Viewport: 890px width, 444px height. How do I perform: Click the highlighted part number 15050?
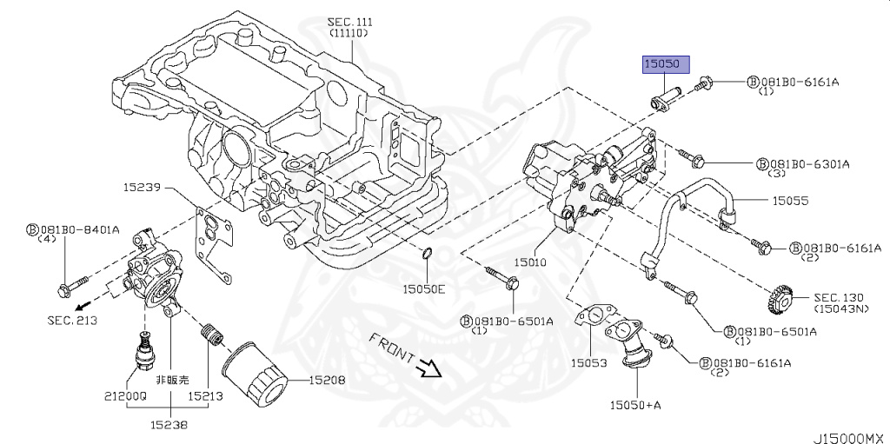coord(666,64)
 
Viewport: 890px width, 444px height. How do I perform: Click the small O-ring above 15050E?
coord(427,253)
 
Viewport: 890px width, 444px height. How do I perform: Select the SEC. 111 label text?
coord(349,21)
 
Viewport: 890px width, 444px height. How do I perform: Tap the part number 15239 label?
coord(141,186)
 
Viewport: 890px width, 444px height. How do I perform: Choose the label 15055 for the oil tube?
coord(791,201)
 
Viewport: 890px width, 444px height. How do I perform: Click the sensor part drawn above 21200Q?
coord(145,348)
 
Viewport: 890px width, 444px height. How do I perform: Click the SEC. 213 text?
coord(72,321)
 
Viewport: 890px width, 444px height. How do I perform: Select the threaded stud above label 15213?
coord(209,333)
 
